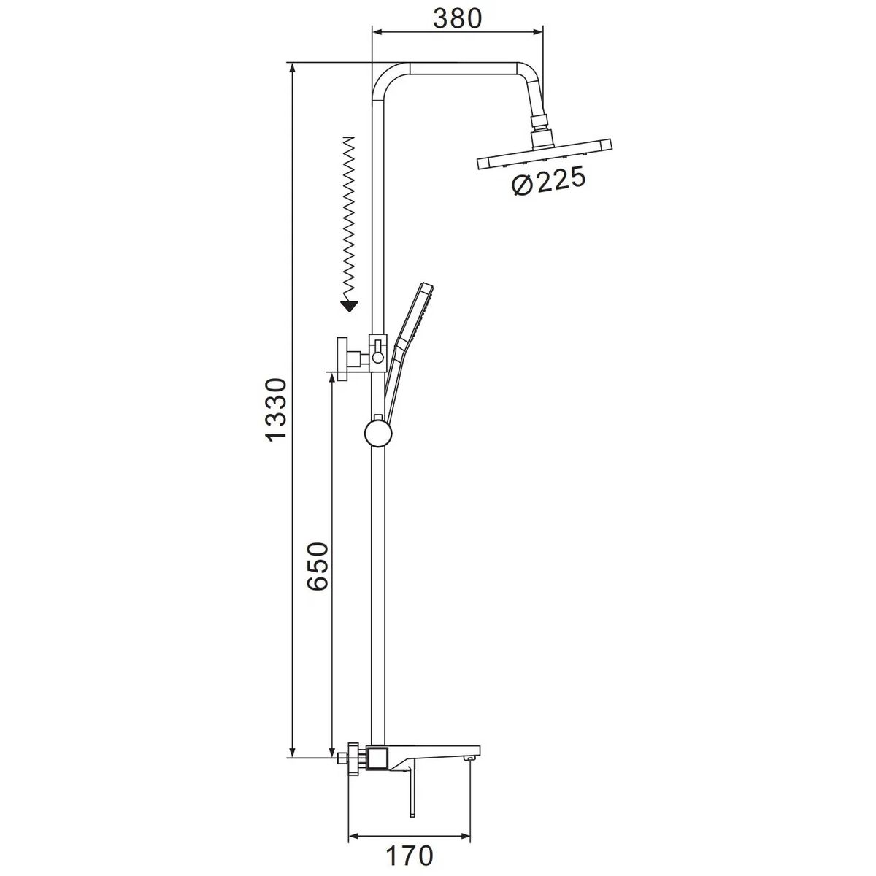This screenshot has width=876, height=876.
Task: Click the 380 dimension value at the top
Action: pos(457,18)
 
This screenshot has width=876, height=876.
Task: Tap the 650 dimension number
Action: pos(317,566)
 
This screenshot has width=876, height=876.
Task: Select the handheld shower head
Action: pos(409,345)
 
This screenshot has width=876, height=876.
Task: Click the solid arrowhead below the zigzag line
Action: pos(349,306)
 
